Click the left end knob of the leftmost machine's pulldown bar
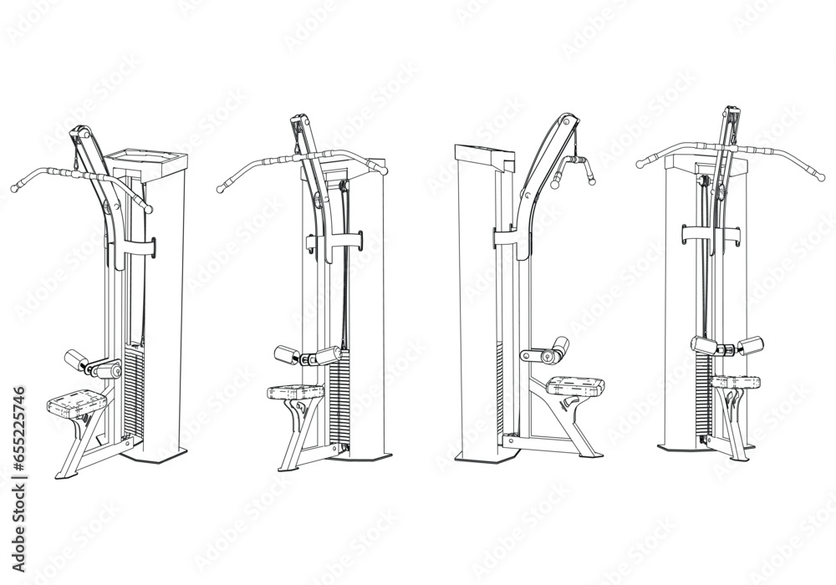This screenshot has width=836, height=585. (13, 186)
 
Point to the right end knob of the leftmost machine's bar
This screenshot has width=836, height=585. (150, 209)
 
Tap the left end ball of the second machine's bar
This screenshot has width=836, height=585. (220, 190)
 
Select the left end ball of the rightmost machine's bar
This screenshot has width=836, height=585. (640, 161)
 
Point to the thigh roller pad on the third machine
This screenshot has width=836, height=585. (557, 345)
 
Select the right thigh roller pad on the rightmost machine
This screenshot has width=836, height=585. (750, 343)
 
